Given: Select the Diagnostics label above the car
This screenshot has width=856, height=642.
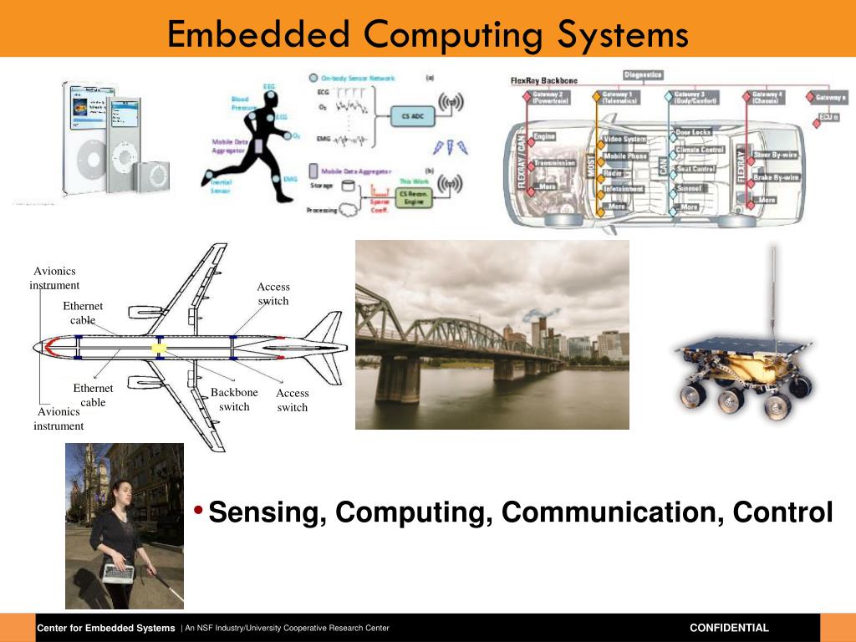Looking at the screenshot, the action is coord(643,75).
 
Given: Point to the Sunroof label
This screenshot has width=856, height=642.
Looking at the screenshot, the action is coord(690,189).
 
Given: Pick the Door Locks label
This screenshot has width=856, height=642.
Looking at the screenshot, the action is coord(693,133).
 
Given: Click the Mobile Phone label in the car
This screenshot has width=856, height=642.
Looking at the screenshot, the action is coord(625,156).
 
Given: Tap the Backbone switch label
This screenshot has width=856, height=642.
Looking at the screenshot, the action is coord(234,400).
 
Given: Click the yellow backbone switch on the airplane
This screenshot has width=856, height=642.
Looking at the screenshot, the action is coord(158,347).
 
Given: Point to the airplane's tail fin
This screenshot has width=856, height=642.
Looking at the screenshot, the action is coord(327,326).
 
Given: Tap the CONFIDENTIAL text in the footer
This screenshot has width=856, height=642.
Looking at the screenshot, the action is coord(729,628).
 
